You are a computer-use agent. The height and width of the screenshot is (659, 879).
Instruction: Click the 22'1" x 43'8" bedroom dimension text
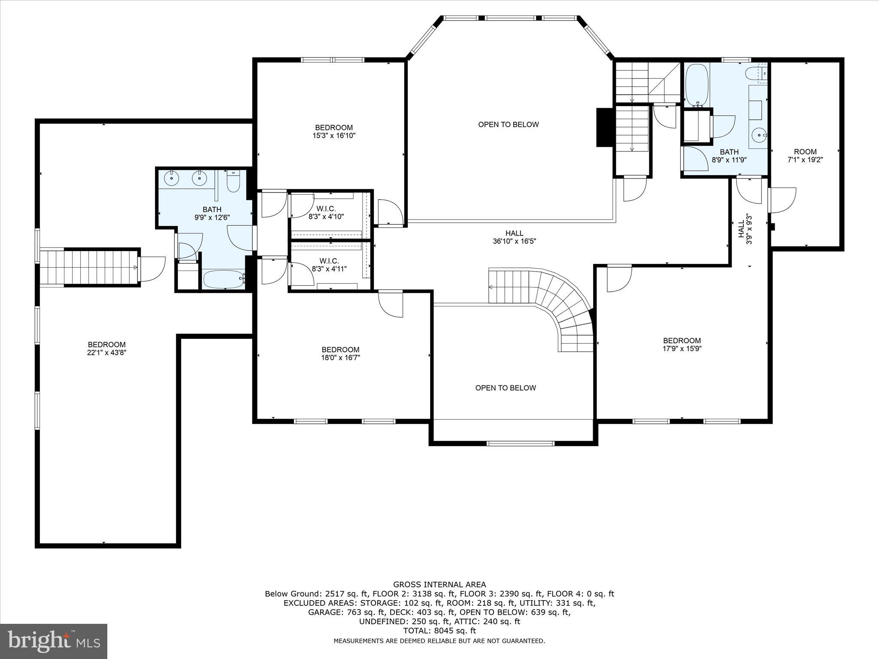tap(106, 353)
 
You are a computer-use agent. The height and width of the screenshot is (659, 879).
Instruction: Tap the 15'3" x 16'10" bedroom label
tap(334, 132)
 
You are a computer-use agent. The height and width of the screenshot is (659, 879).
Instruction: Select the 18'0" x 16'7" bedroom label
tap(340, 354)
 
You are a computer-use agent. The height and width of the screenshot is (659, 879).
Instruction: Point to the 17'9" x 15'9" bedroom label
tap(682, 345)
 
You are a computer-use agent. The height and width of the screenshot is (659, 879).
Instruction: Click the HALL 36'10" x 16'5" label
tap(514, 237)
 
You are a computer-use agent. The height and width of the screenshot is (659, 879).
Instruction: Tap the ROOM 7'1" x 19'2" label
tap(805, 155)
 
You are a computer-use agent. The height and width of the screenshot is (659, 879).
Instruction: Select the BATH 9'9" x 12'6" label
tap(212, 213)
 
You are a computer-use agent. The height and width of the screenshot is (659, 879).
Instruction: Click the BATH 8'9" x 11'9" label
tap(729, 156)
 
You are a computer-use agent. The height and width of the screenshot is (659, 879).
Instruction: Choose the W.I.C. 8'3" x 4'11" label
tap(329, 265)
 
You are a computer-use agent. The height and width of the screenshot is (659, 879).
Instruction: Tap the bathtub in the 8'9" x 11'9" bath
tap(696, 85)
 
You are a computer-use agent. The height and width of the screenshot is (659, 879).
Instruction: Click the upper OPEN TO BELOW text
tap(508, 124)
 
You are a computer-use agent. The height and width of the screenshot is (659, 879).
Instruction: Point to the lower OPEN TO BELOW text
tap(505, 388)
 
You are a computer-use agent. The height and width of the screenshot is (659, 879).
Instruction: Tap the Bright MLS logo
tap(54, 641)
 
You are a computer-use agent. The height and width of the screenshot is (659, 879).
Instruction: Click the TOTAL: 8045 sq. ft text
tap(439, 631)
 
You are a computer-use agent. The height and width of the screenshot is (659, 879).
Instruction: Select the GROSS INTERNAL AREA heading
tap(439, 584)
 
